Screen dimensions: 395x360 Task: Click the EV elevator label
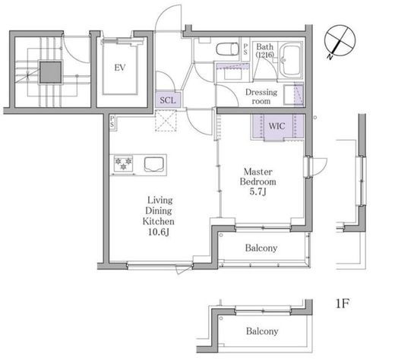[x=120, y=68]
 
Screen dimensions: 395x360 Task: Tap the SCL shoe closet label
[x=168, y=100]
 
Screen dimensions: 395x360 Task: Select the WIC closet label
[x=276, y=126]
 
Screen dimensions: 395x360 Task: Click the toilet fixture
[x=227, y=49]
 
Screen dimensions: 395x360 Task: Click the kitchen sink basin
[x=154, y=165]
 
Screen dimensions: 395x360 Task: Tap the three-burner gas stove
[x=123, y=163]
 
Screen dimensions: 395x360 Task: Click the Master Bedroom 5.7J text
[x=258, y=182]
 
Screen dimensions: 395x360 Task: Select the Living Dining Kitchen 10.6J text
[x=159, y=216]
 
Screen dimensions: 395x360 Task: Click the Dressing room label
[x=261, y=96]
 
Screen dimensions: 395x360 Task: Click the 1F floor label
[x=342, y=303]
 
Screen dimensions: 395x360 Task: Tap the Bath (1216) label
[x=265, y=50]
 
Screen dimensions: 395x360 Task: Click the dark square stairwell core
[x=51, y=72]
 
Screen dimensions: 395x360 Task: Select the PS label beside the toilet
[x=245, y=49]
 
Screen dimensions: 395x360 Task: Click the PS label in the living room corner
[x=112, y=122]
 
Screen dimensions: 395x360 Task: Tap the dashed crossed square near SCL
[x=166, y=121]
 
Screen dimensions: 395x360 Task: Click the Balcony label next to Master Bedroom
[x=261, y=248]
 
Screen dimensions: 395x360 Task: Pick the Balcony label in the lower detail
[x=262, y=331]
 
